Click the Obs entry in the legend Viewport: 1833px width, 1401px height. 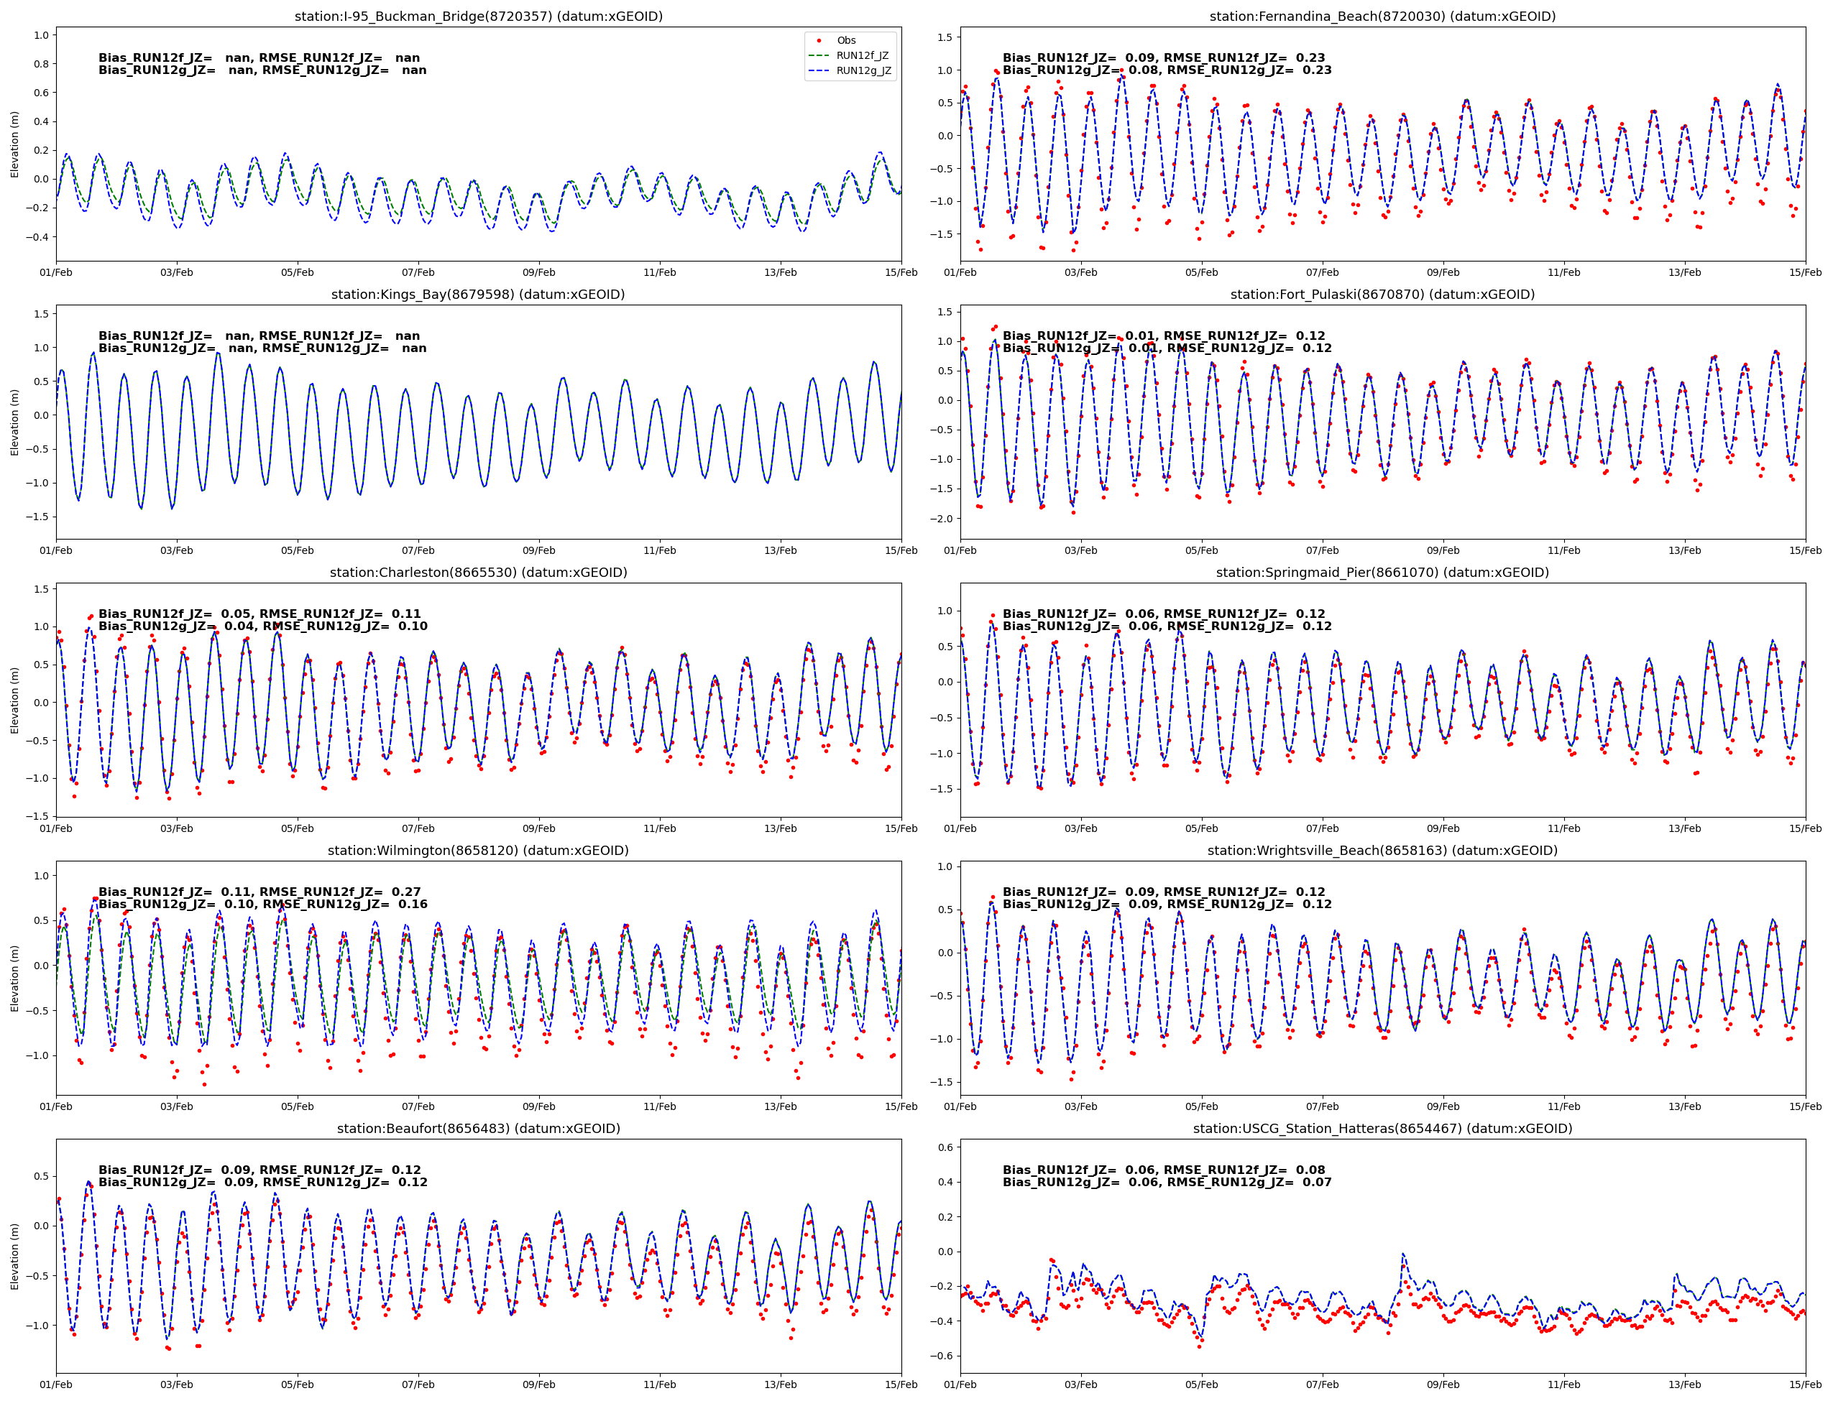(x=846, y=40)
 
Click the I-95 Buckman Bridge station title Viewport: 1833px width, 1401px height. (x=478, y=17)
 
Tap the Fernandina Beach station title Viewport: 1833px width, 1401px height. (x=1382, y=17)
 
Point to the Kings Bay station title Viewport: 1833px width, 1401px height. (x=478, y=295)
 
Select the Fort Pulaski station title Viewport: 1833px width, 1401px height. (x=1382, y=295)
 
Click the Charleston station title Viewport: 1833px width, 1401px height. (x=478, y=572)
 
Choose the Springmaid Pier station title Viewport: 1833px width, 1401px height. (x=1382, y=572)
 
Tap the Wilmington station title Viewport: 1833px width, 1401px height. (x=478, y=851)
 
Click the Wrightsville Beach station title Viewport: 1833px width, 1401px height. (x=1382, y=851)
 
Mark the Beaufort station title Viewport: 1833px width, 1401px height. (x=478, y=1128)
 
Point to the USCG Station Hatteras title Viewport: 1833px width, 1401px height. (x=1382, y=1128)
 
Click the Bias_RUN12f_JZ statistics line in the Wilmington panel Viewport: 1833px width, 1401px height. (x=259, y=892)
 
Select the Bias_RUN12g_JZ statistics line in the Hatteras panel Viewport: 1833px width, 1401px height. (x=1167, y=1183)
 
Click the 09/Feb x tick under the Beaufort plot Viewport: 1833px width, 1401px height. (x=539, y=1384)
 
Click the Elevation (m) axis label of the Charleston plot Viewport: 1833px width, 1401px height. (x=15, y=700)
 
